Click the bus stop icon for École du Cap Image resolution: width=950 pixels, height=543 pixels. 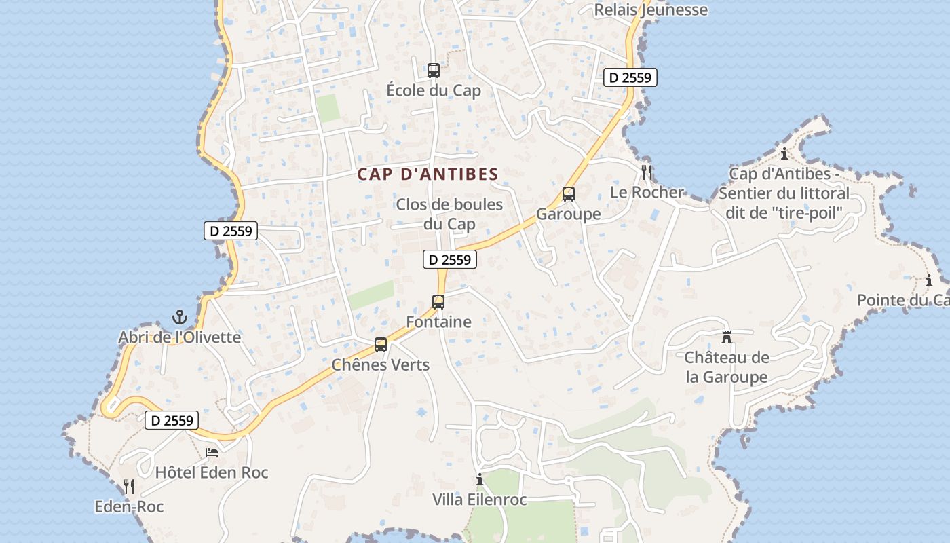point(433,70)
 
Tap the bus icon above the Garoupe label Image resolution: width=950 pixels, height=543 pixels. point(569,194)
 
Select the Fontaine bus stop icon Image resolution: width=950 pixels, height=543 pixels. point(438,302)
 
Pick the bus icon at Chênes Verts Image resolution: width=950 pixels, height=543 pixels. point(381,345)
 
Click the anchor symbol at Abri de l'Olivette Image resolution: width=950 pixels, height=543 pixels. point(179,317)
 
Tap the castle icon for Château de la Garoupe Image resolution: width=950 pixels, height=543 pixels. point(727,337)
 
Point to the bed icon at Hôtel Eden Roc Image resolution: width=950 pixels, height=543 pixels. point(212,452)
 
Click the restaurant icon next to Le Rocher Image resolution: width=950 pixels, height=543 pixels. point(647,172)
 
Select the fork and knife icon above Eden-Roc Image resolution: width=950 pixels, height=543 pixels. point(129,486)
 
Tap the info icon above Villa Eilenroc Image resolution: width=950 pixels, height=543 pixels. point(480,479)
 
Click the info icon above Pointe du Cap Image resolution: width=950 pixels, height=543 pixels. point(929,280)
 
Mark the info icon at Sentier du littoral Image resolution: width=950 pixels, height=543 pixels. point(784,153)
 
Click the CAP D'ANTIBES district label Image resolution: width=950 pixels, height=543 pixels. point(428,174)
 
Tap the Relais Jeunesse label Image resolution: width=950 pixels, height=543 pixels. point(651,10)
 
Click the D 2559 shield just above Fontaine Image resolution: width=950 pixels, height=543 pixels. point(449,259)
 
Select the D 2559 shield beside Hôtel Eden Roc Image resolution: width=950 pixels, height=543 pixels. point(172,420)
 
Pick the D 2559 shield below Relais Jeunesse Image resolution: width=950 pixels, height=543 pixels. point(630,77)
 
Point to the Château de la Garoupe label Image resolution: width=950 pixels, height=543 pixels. point(727,367)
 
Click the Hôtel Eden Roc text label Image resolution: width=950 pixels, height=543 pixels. point(212,472)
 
